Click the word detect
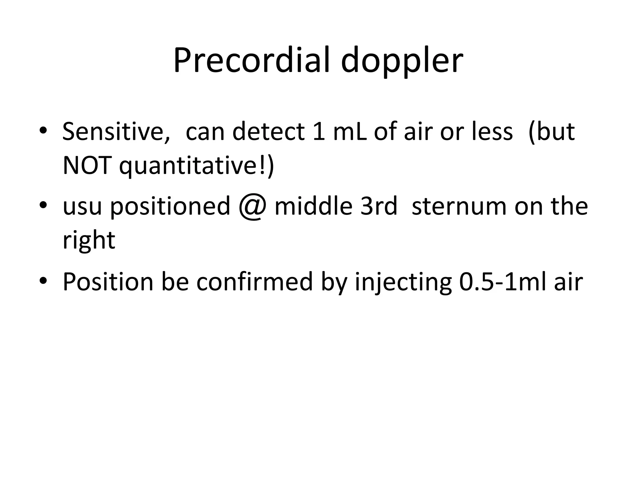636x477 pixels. [268, 132]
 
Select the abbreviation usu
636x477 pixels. [82, 207]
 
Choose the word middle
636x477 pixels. [313, 206]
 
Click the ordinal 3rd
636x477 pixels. [379, 206]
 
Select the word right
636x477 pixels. [89, 241]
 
